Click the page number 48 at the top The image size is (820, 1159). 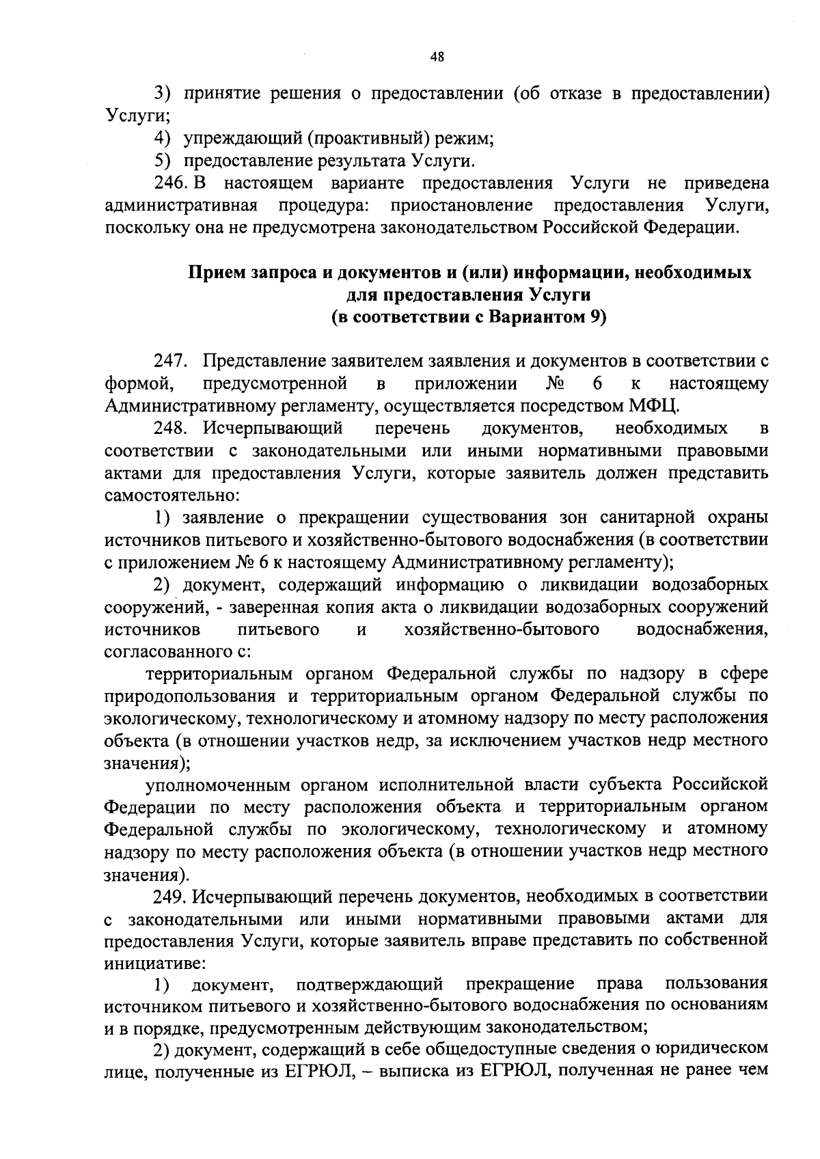point(437,58)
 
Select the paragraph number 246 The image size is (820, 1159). point(169,183)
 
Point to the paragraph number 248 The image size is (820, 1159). point(169,428)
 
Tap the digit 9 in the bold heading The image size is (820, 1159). point(592,317)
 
